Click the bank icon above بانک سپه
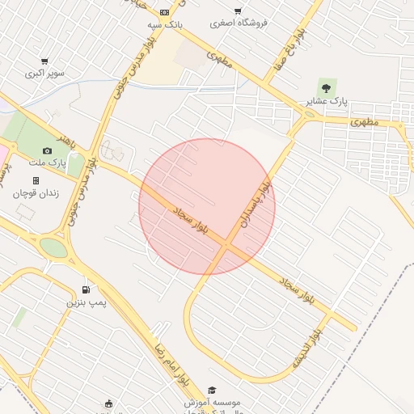tap(164, 12)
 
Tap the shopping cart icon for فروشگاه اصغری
tap(238, 11)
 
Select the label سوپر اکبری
tap(44, 73)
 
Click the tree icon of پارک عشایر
tap(326, 87)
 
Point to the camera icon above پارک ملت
tap(47, 150)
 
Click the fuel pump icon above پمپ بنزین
tap(86, 289)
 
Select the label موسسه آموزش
tap(213, 403)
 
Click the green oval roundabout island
tap(53, 247)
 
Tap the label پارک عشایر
tap(327, 102)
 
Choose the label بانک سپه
tap(164, 24)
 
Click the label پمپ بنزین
tap(87, 302)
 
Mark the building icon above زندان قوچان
tap(36, 180)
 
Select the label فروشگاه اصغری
tap(239, 23)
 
